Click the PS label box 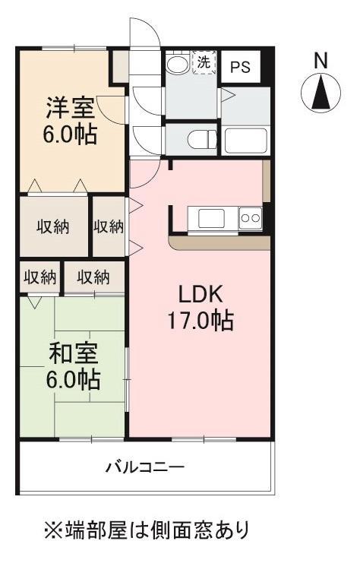click(x=240, y=66)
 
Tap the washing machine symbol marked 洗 click(x=204, y=63)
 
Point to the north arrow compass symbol click(x=321, y=93)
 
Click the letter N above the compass click(x=321, y=59)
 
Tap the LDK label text click(x=200, y=294)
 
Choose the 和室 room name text click(x=74, y=354)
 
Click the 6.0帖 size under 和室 click(x=74, y=380)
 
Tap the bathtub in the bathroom click(x=245, y=141)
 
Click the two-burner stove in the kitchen click(x=250, y=218)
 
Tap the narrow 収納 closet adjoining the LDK click(x=109, y=226)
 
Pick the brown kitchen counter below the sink click(x=220, y=242)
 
